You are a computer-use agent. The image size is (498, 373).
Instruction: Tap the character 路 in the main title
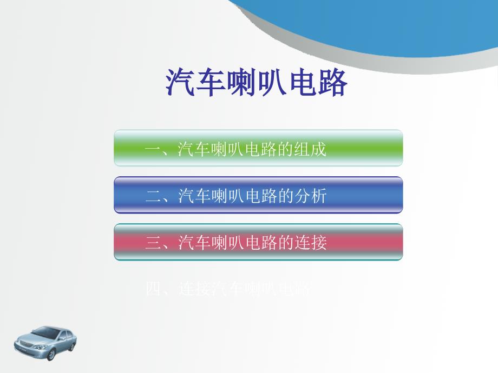pyautogui.click(x=332, y=82)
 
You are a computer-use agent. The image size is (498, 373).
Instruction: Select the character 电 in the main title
pyautogui.click(x=302, y=82)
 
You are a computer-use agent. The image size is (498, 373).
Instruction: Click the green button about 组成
pyautogui.click(x=258, y=148)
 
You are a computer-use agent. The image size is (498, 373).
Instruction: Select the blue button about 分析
pyautogui.click(x=258, y=195)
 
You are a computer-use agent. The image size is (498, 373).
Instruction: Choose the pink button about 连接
pyautogui.click(x=258, y=242)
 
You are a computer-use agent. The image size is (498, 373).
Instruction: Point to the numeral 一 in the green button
pyautogui.click(x=153, y=149)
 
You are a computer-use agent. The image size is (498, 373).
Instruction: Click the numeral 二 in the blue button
pyautogui.click(x=153, y=196)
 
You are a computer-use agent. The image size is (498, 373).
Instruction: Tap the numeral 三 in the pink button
pyautogui.click(x=153, y=243)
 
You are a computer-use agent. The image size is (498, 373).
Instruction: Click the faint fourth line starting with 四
pyautogui.click(x=228, y=289)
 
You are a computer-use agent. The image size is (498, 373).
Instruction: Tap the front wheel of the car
pyautogui.click(x=50, y=354)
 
